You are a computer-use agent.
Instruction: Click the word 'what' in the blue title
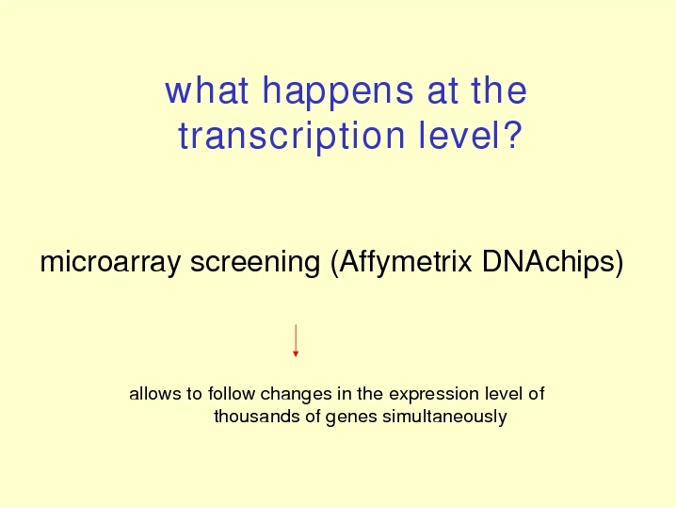206,90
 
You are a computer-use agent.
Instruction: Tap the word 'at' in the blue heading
443,91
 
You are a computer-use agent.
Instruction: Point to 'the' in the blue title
499,90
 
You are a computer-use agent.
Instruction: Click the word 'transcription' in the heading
292,136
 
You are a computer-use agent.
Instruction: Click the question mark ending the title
512,135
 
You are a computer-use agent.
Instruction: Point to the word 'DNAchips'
549,262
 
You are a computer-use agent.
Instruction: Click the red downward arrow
296,340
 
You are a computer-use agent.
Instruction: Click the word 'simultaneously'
444,418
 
